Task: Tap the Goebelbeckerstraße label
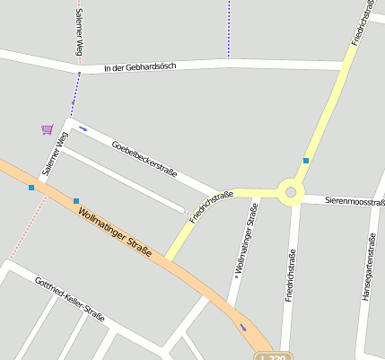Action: pos(144,159)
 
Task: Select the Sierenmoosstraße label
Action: pos(354,202)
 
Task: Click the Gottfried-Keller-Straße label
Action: pos(70,299)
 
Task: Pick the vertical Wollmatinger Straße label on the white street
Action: pos(241,240)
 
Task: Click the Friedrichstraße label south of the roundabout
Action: pos(291,275)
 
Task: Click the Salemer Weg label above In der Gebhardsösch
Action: pos(79,32)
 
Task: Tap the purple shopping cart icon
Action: pos(47,130)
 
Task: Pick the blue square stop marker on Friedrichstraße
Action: pos(306,161)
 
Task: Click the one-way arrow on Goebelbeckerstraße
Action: pos(83,128)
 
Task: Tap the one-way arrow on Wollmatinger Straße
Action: pos(242,327)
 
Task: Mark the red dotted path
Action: pos(27,229)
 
